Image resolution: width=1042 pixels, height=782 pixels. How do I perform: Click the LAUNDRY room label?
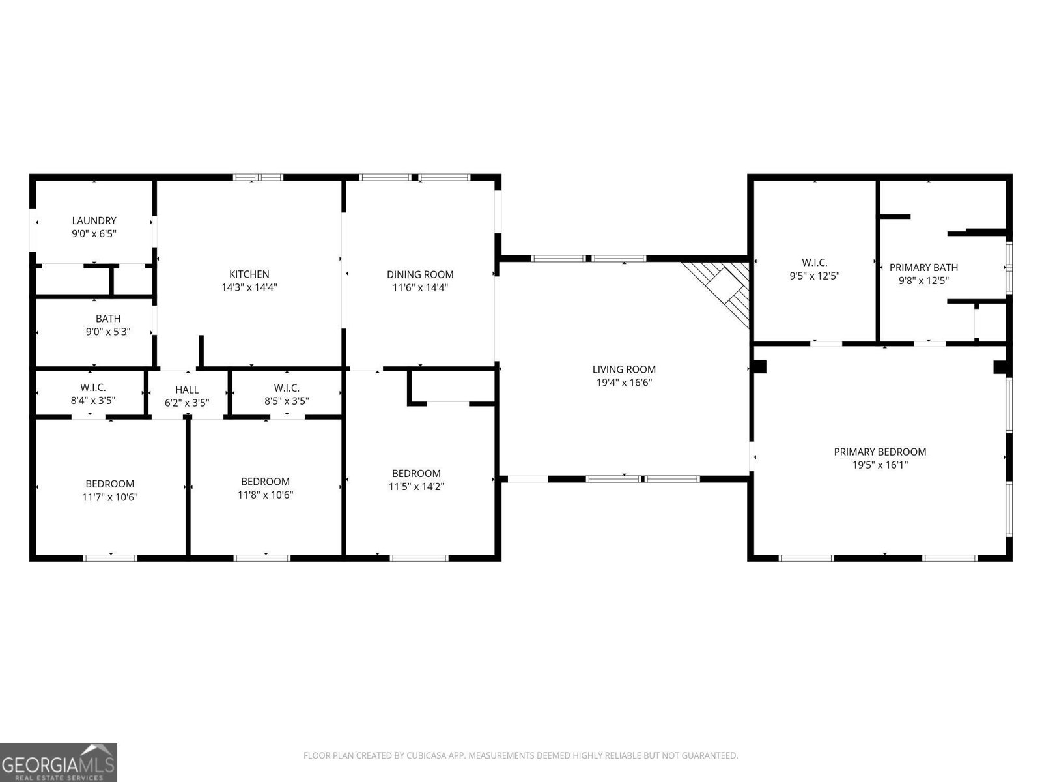(x=94, y=220)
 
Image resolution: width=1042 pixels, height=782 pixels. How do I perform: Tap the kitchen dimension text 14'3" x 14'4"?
(x=249, y=287)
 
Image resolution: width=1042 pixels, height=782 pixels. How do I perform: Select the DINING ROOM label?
(x=420, y=274)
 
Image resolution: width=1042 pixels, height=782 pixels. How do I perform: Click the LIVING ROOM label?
(x=624, y=369)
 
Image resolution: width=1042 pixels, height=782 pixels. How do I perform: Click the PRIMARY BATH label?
(x=923, y=267)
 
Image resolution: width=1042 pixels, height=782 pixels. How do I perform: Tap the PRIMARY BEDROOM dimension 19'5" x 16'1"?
(x=880, y=465)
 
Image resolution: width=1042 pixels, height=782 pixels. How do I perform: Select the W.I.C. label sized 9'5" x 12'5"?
(x=814, y=263)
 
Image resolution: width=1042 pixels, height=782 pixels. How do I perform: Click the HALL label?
(x=187, y=390)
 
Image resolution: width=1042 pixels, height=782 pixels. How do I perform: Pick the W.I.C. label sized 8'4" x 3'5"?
(x=93, y=388)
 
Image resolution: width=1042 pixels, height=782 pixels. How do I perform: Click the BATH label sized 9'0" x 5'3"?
(x=108, y=319)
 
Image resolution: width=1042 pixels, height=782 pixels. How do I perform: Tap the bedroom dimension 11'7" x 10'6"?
(x=110, y=497)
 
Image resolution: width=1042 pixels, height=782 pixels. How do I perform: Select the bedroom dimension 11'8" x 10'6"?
(x=265, y=495)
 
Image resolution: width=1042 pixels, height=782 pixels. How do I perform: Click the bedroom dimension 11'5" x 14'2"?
(x=416, y=487)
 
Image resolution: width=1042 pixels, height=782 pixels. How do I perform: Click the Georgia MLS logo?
(x=58, y=762)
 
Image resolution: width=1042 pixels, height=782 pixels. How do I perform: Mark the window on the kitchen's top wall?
(x=259, y=177)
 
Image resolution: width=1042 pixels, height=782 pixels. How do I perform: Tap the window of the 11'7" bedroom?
(x=110, y=558)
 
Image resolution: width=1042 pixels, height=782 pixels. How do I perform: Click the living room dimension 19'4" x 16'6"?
(x=624, y=383)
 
